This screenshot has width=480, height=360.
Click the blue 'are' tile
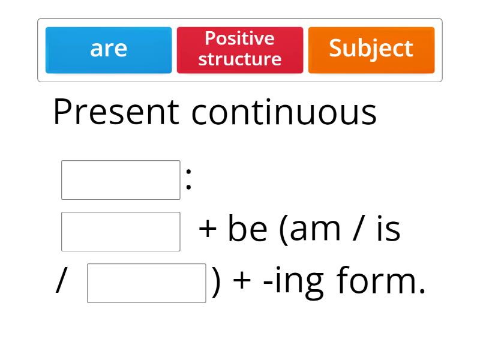click(x=109, y=50)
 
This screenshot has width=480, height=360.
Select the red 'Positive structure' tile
click(x=240, y=50)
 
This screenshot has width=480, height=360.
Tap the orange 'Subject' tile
click(x=371, y=50)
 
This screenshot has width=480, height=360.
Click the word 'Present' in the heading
click(x=116, y=112)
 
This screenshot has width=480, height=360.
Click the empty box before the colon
click(x=121, y=180)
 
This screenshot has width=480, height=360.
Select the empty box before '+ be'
click(x=121, y=232)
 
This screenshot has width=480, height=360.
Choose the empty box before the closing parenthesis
click(x=146, y=283)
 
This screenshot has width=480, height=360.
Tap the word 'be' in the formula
click(x=247, y=229)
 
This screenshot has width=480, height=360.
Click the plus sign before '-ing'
click(x=241, y=281)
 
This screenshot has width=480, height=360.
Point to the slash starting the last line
click(x=60, y=281)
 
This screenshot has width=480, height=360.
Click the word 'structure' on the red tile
click(x=240, y=59)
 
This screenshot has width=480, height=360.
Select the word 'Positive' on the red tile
click(x=239, y=38)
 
